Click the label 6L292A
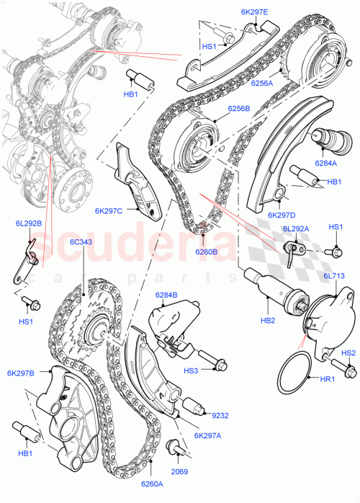(x=296, y=228)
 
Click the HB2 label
(x=268, y=320)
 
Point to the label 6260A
(x=151, y=484)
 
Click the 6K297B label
(x=22, y=373)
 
